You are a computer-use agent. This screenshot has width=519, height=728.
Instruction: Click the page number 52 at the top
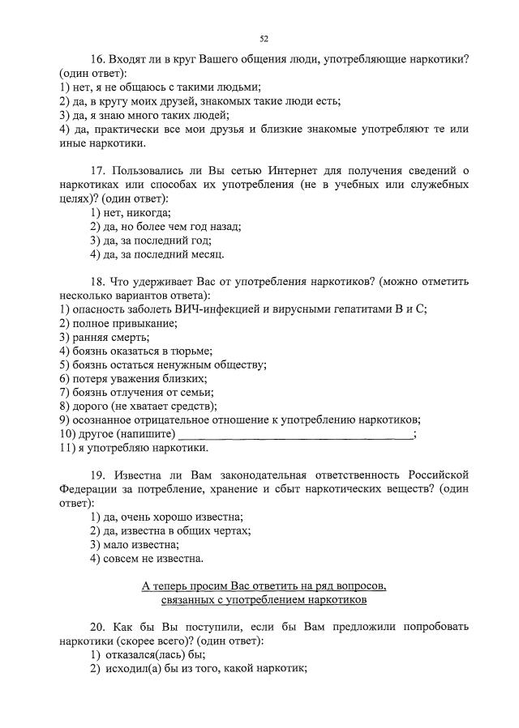coord(264,38)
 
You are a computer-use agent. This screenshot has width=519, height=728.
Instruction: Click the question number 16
coord(99,60)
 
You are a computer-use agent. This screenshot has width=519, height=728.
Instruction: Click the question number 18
coord(99,281)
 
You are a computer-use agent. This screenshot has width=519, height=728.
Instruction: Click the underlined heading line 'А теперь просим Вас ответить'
coord(264,586)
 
